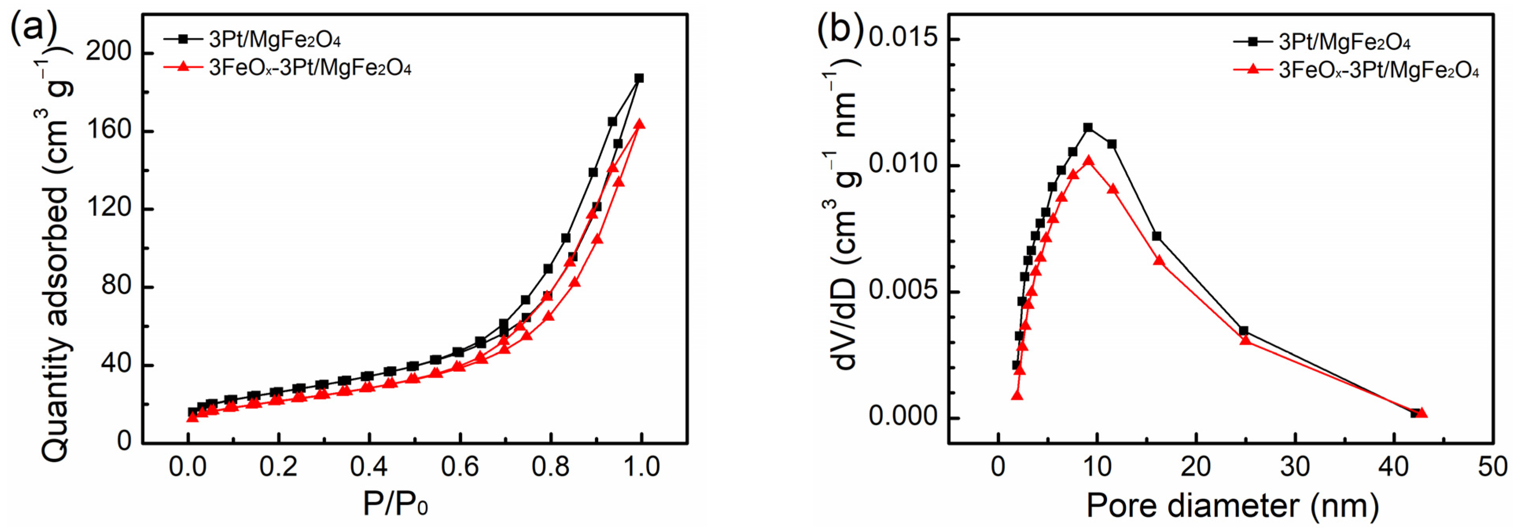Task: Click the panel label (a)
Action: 34,27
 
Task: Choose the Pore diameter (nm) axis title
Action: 1232,505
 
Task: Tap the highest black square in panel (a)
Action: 639,78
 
